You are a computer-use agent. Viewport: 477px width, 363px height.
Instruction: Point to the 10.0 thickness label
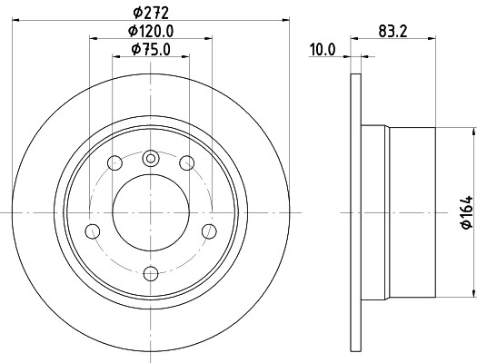pos(323,49)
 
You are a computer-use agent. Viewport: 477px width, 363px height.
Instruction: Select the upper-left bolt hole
pos(114,163)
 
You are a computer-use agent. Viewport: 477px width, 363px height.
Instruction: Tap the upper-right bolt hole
pos(187,163)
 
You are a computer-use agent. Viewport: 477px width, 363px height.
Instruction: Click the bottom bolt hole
pos(151,270)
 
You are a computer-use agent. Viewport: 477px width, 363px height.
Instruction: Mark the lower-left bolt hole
pos(93,230)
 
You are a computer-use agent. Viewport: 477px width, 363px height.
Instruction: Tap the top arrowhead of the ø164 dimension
pos(472,132)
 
